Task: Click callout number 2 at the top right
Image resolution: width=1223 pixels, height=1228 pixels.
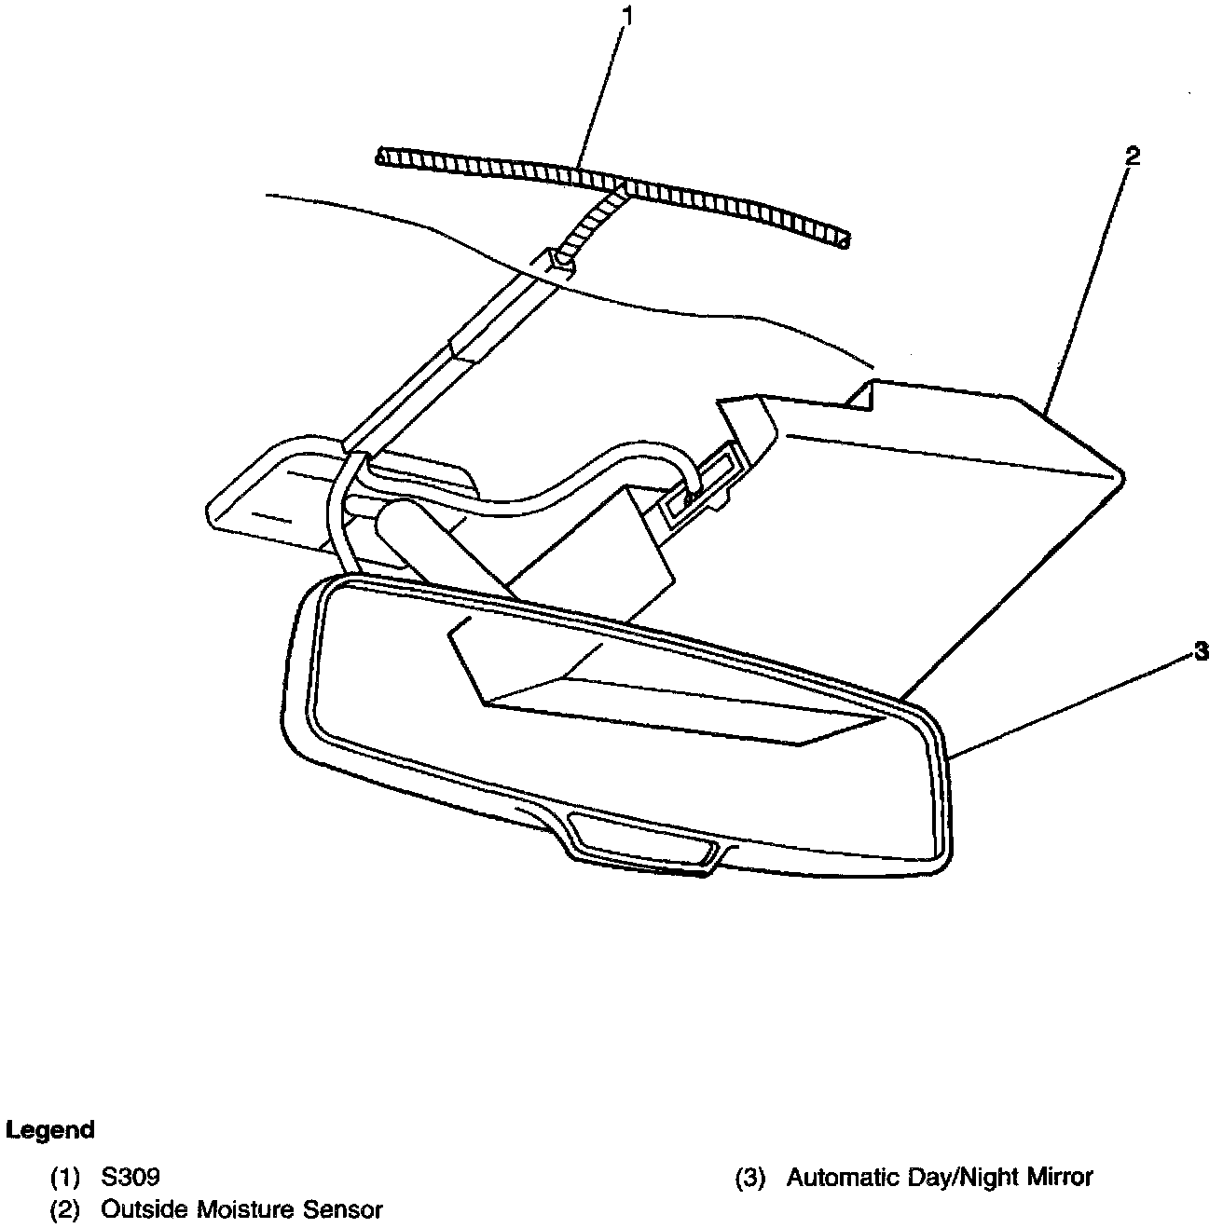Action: pos(1131,156)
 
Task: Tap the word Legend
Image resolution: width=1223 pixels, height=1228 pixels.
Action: pos(50,1130)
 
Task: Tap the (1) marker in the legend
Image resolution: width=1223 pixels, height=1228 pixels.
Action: pos(65,1178)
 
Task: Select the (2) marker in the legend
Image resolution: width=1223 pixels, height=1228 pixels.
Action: pos(65,1211)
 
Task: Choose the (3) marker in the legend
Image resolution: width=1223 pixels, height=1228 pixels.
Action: pos(750,1178)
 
